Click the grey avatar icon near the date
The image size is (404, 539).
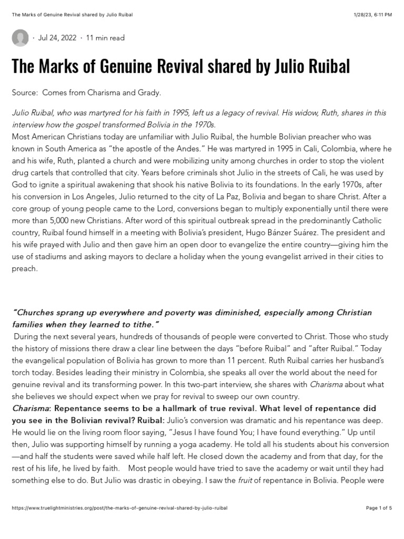pos(21,38)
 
